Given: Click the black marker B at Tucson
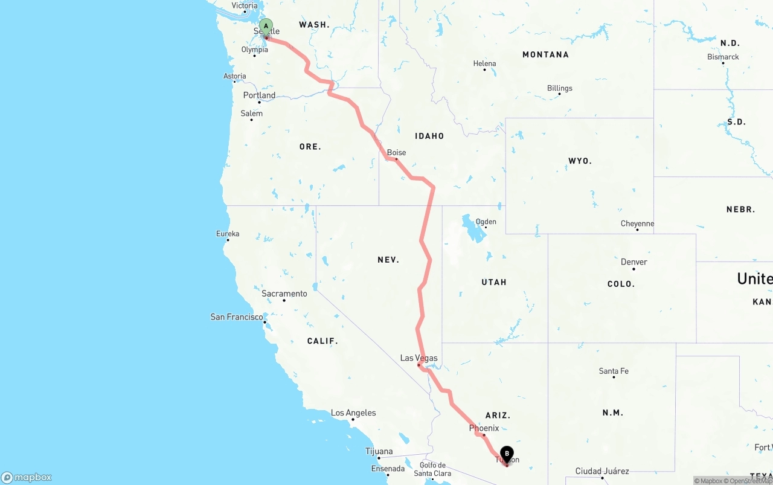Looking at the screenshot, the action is pos(507,454).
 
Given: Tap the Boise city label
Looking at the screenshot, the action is pos(396,153).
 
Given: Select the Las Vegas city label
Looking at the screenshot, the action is pos(419,358).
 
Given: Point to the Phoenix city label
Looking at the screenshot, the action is pos(484,428).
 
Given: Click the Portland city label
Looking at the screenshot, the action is pos(259,95).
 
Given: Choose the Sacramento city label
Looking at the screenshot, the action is pos(284,294).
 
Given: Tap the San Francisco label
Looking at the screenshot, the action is pos(236,316).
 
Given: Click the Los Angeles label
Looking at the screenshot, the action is pos(353,413).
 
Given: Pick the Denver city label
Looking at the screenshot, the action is pos(633,262).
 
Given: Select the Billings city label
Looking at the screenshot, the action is pos(559,88).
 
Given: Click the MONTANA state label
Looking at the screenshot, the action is pos(545,54).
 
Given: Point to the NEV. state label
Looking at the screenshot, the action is pos(388,260).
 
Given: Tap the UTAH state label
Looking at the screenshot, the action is pos(494,282).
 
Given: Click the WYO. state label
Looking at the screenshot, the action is pos(580,161).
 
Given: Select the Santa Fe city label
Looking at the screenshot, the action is pos(614,371).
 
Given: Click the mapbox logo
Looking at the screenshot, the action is pos(27,477).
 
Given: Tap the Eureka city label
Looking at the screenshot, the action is pos(228,234).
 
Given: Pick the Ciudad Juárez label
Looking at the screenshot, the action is pos(601,471).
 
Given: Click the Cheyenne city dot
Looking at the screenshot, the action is pos(637,230).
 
